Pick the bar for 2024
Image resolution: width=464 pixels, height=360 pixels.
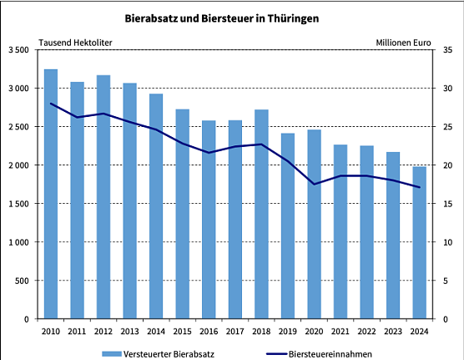pos(419,242)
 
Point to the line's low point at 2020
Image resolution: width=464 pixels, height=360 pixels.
pos(314,184)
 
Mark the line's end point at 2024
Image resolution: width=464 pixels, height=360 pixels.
pos(419,187)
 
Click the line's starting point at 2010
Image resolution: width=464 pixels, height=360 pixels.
pos(51,104)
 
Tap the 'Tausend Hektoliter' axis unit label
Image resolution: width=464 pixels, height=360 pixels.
pos(75,42)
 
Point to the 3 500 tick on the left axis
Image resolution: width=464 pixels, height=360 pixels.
pos(19,50)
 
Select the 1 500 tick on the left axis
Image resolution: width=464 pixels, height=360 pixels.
pos(19,204)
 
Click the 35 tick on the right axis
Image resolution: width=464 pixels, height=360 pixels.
pos(446,50)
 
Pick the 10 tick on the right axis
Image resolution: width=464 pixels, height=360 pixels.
pos(446,242)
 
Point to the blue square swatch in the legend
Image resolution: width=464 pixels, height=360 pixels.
pos(111,353)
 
